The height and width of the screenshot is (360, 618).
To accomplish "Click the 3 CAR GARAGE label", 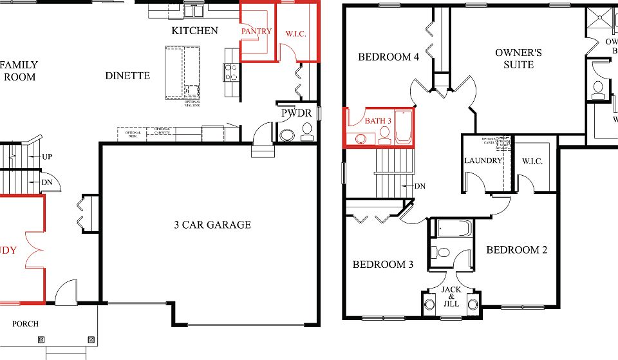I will click(212, 225).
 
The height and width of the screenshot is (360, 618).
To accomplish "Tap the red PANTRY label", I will click(256, 31).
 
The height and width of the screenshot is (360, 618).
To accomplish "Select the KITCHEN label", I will click(194, 30).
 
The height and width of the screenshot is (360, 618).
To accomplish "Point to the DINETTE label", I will click(127, 76).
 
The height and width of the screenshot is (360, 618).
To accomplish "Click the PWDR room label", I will click(296, 114).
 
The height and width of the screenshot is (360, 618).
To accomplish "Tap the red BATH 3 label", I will click(378, 120).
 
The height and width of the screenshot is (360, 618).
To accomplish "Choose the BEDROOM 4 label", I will click(389, 57).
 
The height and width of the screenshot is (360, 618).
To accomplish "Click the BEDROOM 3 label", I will click(383, 264).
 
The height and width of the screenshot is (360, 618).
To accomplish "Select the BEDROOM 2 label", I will click(516, 250).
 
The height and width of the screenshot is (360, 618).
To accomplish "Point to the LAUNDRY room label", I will click(483, 160).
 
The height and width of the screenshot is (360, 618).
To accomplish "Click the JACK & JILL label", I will click(451, 296).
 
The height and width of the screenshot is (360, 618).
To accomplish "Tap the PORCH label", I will click(25, 323).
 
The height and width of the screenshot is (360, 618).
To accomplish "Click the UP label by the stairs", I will click(47, 156).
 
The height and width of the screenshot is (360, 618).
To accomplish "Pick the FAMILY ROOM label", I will click(19, 71).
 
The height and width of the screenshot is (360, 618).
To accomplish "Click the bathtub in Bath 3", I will click(403, 127).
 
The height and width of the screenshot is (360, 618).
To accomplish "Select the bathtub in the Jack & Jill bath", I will click(454, 229).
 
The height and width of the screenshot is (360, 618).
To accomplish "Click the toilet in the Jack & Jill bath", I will click(444, 252).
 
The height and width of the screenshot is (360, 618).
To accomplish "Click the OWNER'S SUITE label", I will click(518, 59).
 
